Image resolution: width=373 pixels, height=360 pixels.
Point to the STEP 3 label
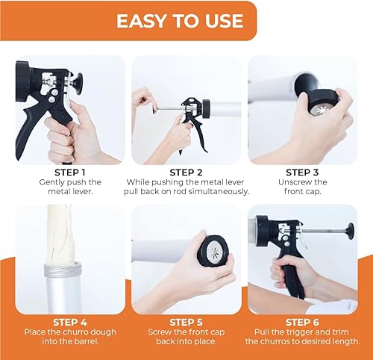(308, 171)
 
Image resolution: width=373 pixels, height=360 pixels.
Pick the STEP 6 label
(308, 322)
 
